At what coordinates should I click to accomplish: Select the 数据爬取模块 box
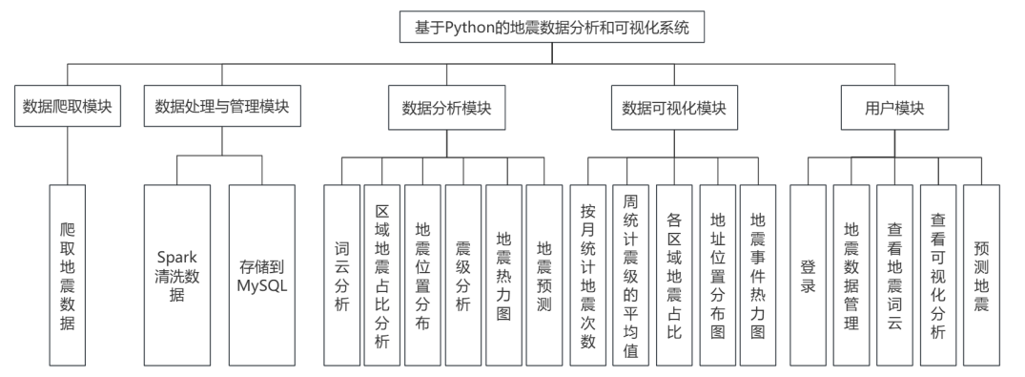[x=67, y=108]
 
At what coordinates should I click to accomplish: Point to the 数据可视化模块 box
[x=673, y=108]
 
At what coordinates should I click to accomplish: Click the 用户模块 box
[x=894, y=108]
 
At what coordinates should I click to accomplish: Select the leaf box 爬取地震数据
[x=67, y=275]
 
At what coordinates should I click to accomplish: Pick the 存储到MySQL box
[x=261, y=275]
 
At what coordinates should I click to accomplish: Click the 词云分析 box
[x=342, y=275]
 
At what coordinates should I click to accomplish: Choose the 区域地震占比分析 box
[x=382, y=275]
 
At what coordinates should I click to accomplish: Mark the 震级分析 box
[x=463, y=275]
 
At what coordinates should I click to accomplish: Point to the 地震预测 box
[x=543, y=275]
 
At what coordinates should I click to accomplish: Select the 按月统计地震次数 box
[x=588, y=275]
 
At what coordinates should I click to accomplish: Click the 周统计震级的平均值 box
[x=630, y=275]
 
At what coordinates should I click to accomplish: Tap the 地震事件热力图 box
[x=758, y=275]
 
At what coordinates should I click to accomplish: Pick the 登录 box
[x=808, y=275]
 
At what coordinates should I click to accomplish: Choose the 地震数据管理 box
[x=851, y=275]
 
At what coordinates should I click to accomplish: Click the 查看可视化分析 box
[x=937, y=275]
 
